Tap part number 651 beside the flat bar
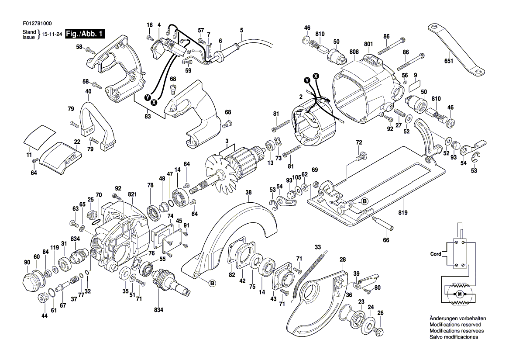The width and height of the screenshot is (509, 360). [x=449, y=61]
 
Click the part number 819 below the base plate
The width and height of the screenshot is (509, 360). [x=402, y=213]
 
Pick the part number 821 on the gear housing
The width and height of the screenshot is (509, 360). [x=132, y=194]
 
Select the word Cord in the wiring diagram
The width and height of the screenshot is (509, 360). [x=436, y=253]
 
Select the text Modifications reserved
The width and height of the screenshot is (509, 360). [x=455, y=325]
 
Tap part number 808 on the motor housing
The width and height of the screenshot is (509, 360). [x=354, y=52]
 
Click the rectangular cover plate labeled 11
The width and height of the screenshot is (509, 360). [x=39, y=134]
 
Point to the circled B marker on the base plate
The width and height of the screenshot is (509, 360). [x=365, y=201]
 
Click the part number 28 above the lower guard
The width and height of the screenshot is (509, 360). [x=343, y=260]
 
